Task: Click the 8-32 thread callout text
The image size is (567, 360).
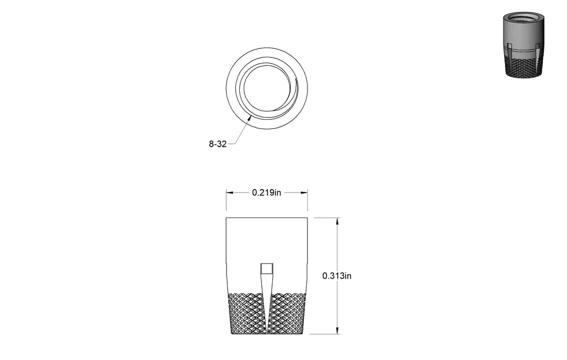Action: click(218, 144)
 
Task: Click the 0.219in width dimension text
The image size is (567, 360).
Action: click(266, 192)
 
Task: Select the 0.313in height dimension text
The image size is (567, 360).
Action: click(337, 276)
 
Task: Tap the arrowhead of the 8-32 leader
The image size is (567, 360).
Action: click(249, 117)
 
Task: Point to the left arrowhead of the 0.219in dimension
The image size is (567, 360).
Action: click(230, 192)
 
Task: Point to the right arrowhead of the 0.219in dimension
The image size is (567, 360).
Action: click(304, 192)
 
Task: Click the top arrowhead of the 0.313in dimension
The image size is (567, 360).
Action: click(337, 221)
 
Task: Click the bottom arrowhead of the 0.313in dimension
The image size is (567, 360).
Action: click(337, 330)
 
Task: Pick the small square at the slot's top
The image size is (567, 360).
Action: click(267, 269)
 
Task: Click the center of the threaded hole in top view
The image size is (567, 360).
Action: click(267, 88)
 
